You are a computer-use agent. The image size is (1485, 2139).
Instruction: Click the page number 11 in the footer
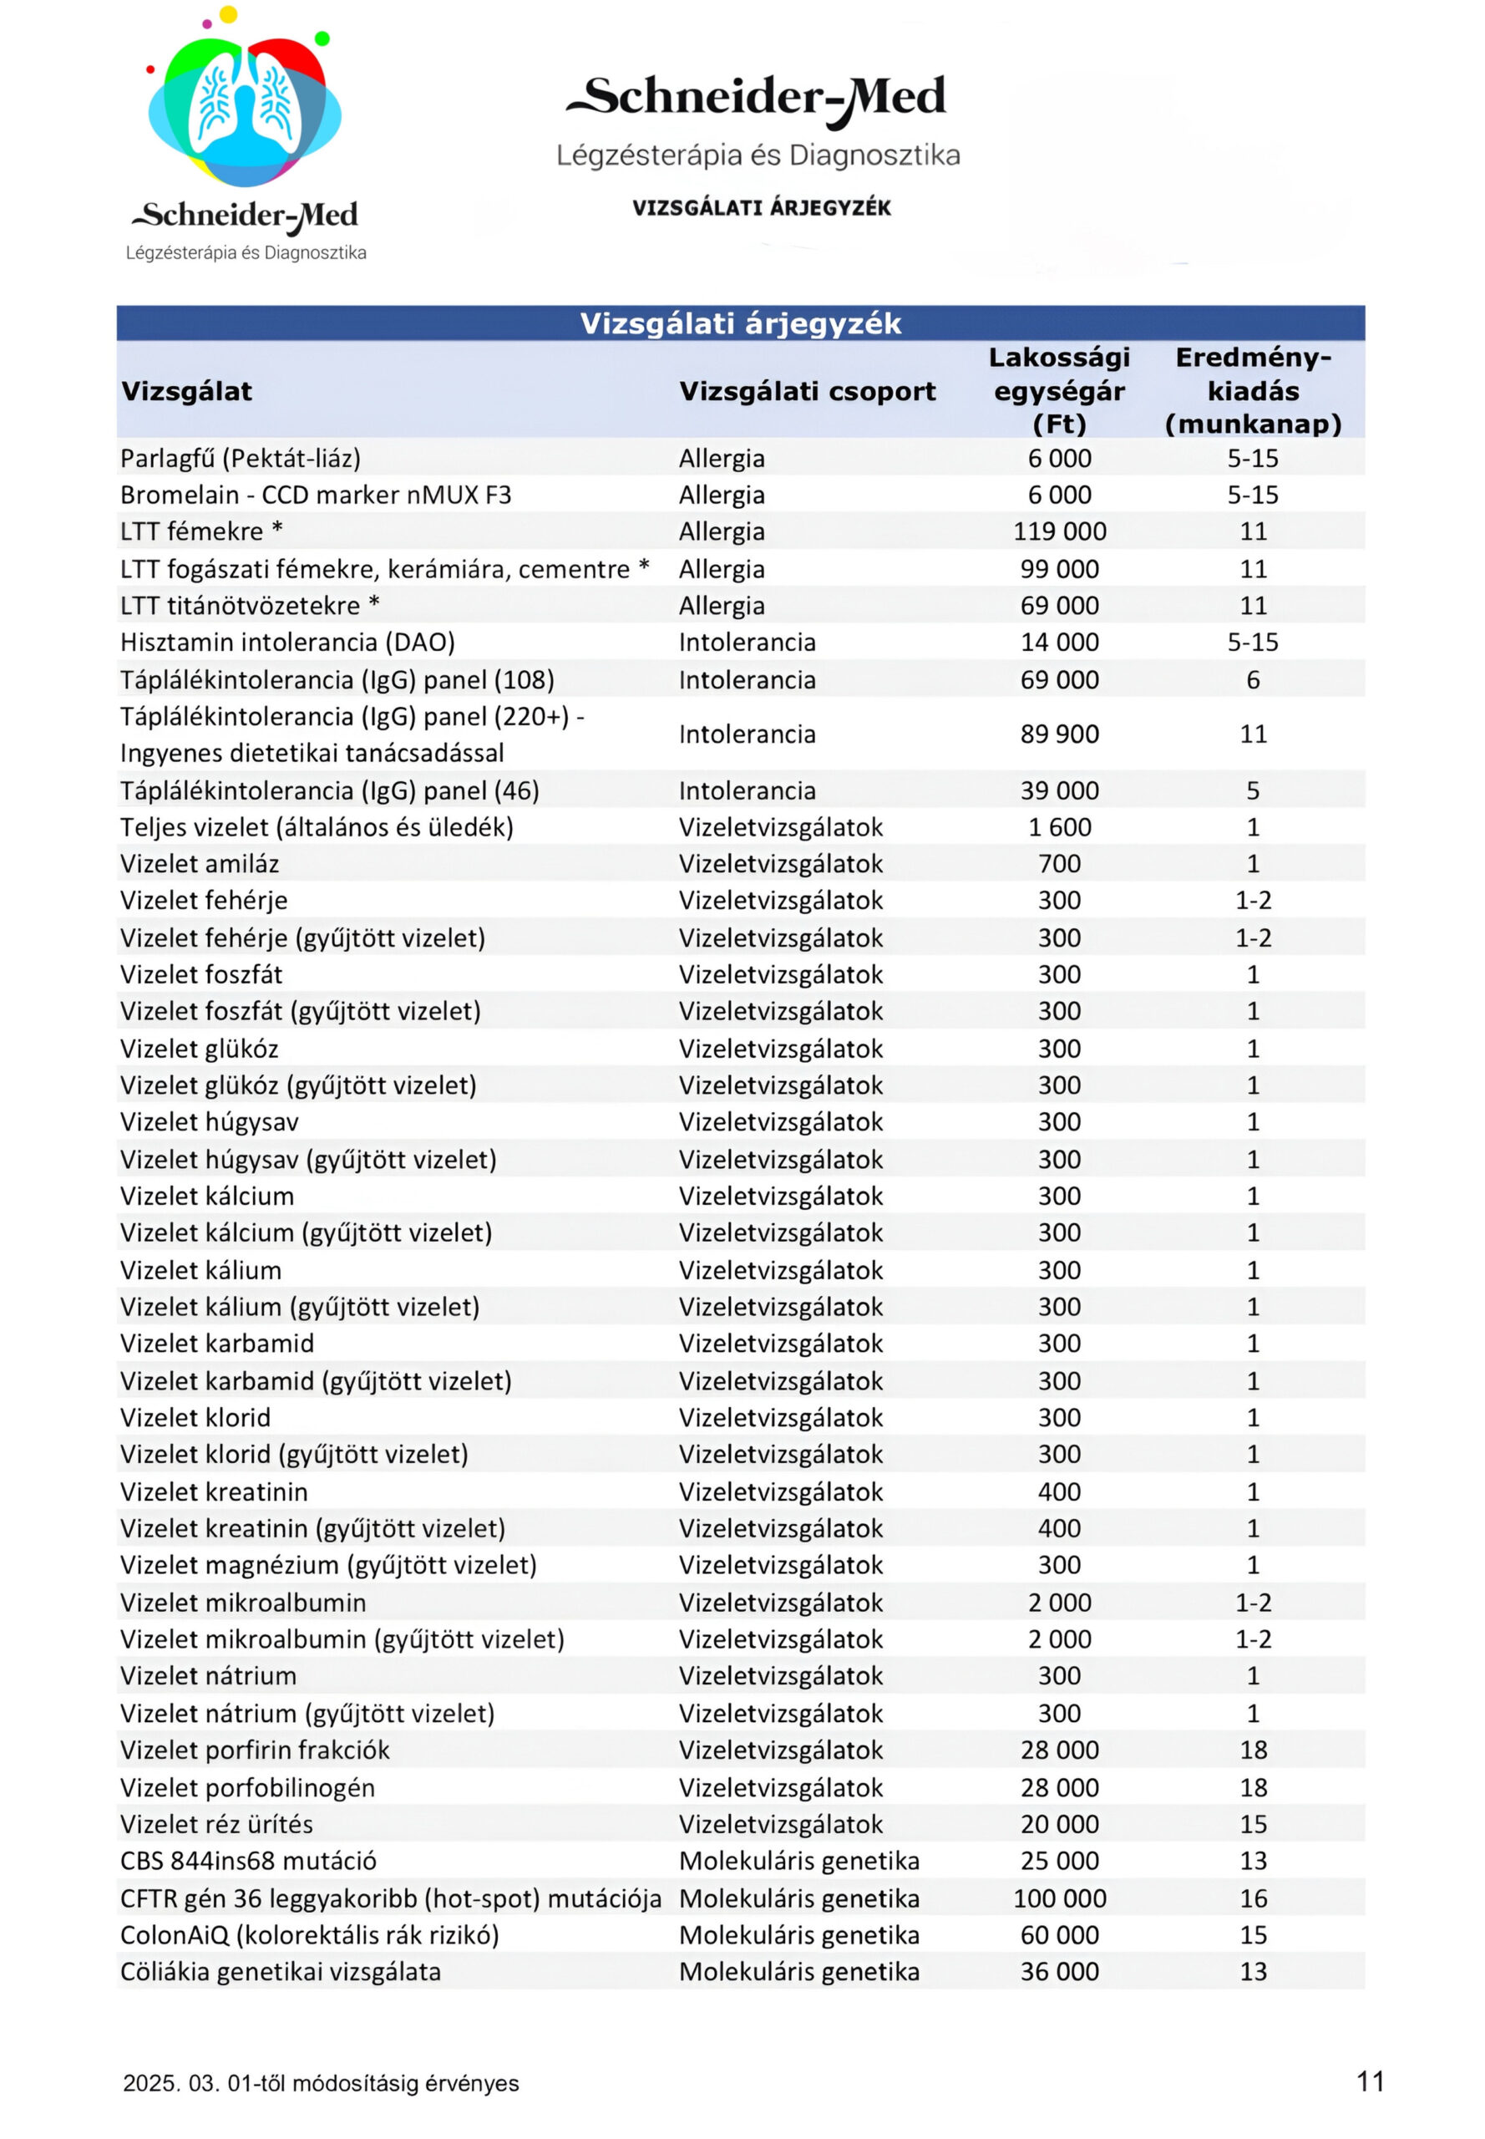[x=1371, y=2081]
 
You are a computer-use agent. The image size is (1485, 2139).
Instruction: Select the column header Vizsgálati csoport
[x=807, y=391]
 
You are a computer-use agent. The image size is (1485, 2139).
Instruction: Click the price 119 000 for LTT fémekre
[x=1059, y=531]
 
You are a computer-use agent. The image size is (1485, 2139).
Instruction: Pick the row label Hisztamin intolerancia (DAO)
[x=287, y=643]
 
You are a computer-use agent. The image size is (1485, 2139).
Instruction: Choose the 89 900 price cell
[x=1059, y=734]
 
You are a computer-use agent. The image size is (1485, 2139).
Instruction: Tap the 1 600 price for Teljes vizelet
[x=1059, y=827]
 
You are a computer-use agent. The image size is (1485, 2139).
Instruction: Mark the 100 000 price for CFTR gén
[x=1059, y=1899]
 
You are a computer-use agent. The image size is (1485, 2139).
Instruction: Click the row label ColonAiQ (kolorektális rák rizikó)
[x=309, y=1935]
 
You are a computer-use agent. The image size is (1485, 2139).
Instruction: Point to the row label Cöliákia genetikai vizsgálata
[x=280, y=1971]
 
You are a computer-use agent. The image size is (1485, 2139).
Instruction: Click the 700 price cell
[x=1059, y=864]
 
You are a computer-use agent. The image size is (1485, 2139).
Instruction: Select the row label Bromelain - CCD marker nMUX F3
[x=316, y=495]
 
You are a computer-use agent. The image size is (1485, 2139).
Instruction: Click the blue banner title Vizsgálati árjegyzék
[x=741, y=323]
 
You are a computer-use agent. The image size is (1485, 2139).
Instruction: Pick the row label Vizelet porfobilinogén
[x=247, y=1788]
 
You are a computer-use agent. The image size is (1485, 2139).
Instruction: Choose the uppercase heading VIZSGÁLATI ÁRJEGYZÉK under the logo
[x=761, y=207]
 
